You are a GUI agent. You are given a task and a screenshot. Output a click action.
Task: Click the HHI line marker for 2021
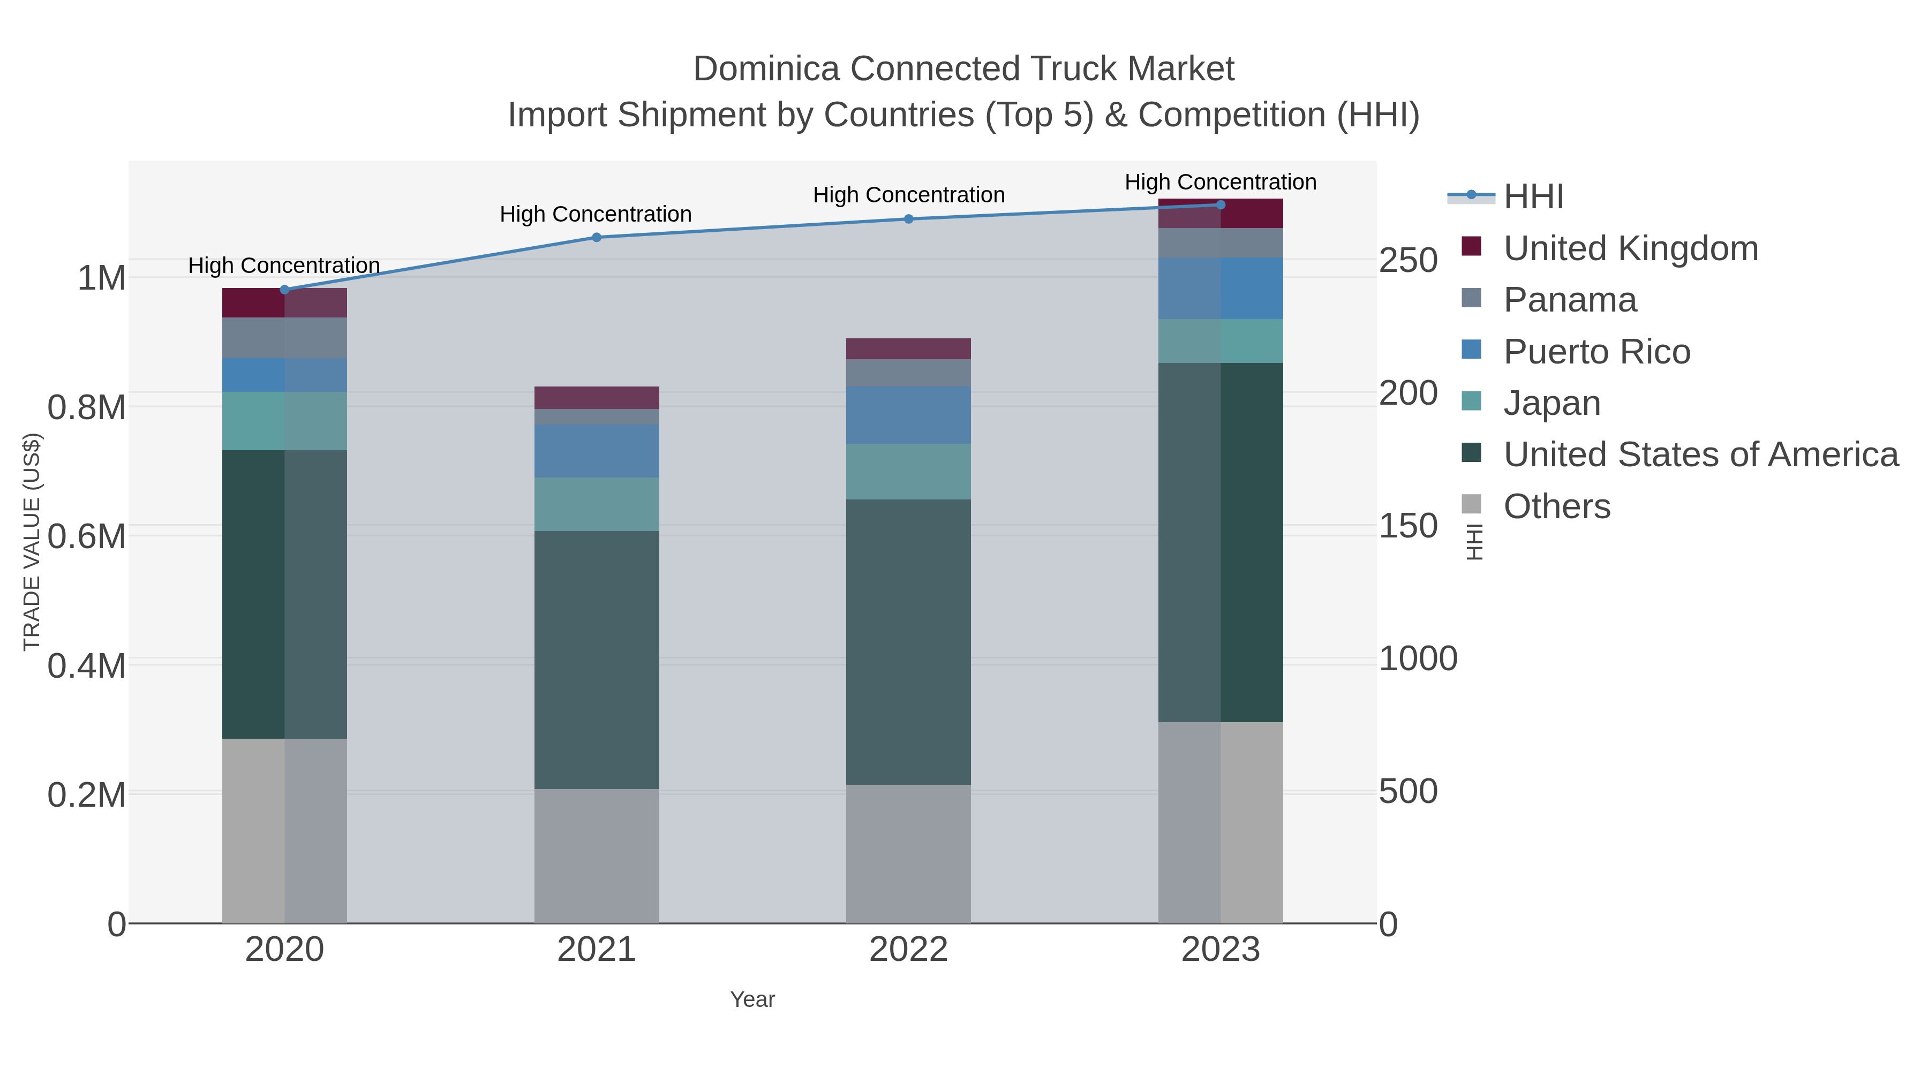(597, 237)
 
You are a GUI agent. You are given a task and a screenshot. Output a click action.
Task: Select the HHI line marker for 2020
(284, 290)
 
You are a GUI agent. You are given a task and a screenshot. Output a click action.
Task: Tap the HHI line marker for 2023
(1221, 204)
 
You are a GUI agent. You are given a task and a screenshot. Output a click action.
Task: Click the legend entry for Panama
(1570, 300)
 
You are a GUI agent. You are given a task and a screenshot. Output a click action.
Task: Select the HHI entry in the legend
(1533, 197)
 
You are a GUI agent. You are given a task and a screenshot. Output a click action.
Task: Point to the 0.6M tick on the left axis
(87, 536)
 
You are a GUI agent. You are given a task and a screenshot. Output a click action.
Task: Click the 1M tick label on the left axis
(102, 278)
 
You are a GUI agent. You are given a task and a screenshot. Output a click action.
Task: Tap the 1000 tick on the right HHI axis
(1418, 659)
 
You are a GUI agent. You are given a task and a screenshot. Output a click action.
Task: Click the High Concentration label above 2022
(909, 195)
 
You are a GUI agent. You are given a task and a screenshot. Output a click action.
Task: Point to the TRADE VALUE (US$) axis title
(32, 542)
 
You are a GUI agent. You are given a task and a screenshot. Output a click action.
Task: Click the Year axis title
(752, 999)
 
